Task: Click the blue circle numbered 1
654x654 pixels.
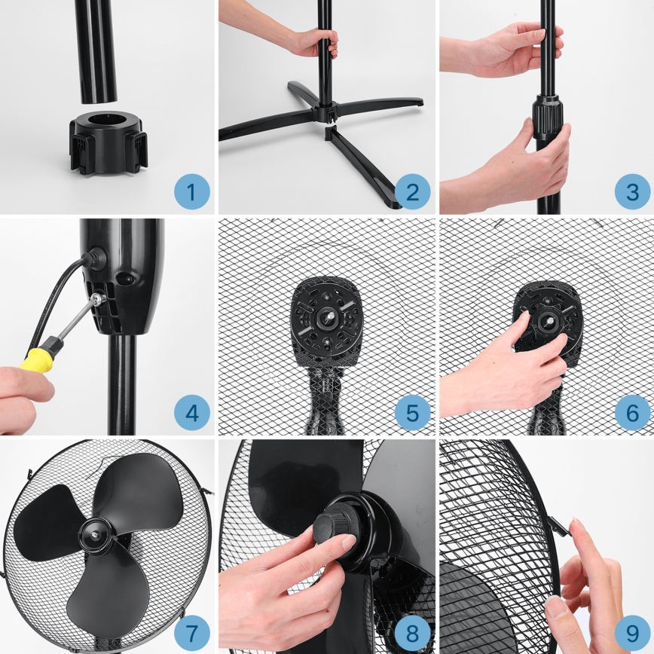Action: (x=191, y=192)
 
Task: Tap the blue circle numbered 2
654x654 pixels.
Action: (x=412, y=192)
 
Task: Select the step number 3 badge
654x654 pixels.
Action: (x=632, y=192)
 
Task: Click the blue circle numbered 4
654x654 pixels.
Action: (x=191, y=413)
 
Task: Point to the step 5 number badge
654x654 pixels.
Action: (x=412, y=413)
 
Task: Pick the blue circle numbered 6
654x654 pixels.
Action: (x=632, y=413)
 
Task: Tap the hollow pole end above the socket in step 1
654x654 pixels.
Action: (x=97, y=90)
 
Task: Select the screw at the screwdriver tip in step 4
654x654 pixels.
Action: (x=96, y=300)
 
